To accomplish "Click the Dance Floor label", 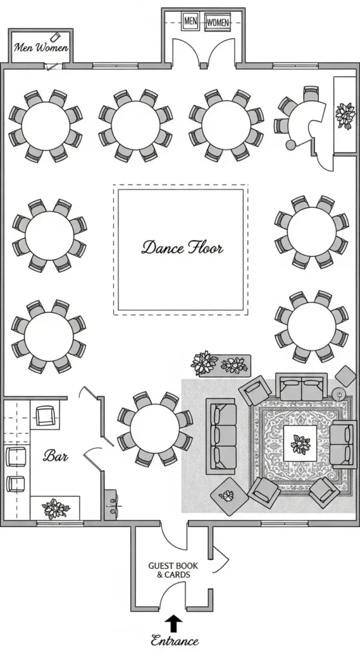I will [x=182, y=247].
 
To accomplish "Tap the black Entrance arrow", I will [x=173, y=622].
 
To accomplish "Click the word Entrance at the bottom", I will [x=174, y=640].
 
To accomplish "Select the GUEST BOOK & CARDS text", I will [x=173, y=570].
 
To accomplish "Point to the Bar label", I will [x=55, y=456].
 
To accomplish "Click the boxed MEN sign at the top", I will [x=191, y=21].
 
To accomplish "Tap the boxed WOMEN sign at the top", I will [x=218, y=23].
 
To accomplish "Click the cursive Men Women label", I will [x=41, y=47].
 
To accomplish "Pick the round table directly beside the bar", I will [x=155, y=429].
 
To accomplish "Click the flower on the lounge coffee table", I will [x=300, y=444].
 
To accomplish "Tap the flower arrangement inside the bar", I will [x=55, y=508].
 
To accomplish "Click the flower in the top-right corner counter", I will [x=345, y=116].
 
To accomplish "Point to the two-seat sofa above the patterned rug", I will [x=301, y=387].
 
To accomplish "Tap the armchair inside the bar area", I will [x=45, y=415].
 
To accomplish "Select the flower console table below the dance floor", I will [x=221, y=364].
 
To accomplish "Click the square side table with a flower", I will [x=227, y=496].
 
